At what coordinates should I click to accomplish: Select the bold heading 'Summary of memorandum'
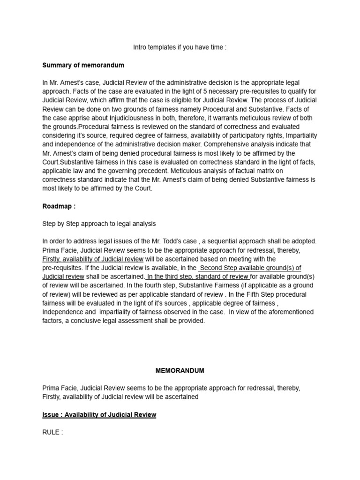tap(83, 65)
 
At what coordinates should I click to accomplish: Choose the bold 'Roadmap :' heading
tap(59, 206)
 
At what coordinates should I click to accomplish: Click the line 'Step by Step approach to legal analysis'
tap(99, 224)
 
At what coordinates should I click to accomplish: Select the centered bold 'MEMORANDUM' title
tap(180, 370)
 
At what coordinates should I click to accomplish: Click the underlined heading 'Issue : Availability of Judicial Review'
tap(99, 415)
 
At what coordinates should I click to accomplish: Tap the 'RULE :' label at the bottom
tap(52, 432)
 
